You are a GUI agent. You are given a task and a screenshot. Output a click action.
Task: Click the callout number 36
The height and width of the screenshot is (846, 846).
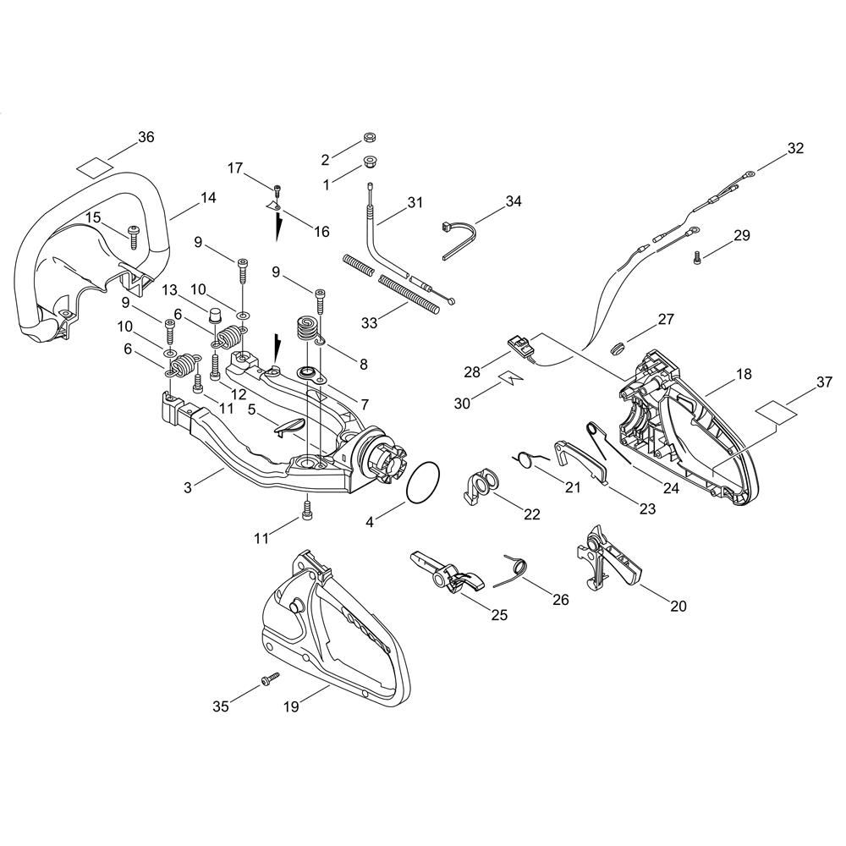pyautogui.click(x=146, y=137)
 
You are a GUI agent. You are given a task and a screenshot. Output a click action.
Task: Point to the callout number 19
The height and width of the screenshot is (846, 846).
pyautogui.click(x=291, y=706)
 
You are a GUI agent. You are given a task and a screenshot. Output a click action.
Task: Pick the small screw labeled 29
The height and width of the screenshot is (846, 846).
pyautogui.click(x=696, y=257)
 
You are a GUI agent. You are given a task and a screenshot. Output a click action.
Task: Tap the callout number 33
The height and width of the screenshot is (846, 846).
pyautogui.click(x=369, y=322)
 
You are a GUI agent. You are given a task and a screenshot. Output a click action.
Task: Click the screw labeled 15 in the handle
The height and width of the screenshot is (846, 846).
pyautogui.click(x=133, y=237)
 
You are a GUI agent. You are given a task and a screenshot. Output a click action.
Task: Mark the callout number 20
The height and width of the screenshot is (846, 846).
pyautogui.click(x=678, y=606)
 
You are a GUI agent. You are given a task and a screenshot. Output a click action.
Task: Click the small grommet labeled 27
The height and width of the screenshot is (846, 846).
pyautogui.click(x=617, y=347)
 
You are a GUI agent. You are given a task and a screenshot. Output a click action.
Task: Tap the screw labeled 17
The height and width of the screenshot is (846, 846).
pyautogui.click(x=277, y=190)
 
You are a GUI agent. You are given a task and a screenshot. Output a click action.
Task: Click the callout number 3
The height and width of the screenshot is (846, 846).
pyautogui.click(x=187, y=488)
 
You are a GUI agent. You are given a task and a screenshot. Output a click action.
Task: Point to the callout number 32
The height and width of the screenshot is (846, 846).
pyautogui.click(x=795, y=148)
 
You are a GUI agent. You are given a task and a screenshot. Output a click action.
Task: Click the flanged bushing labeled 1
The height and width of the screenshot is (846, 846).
pyautogui.click(x=371, y=161)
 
